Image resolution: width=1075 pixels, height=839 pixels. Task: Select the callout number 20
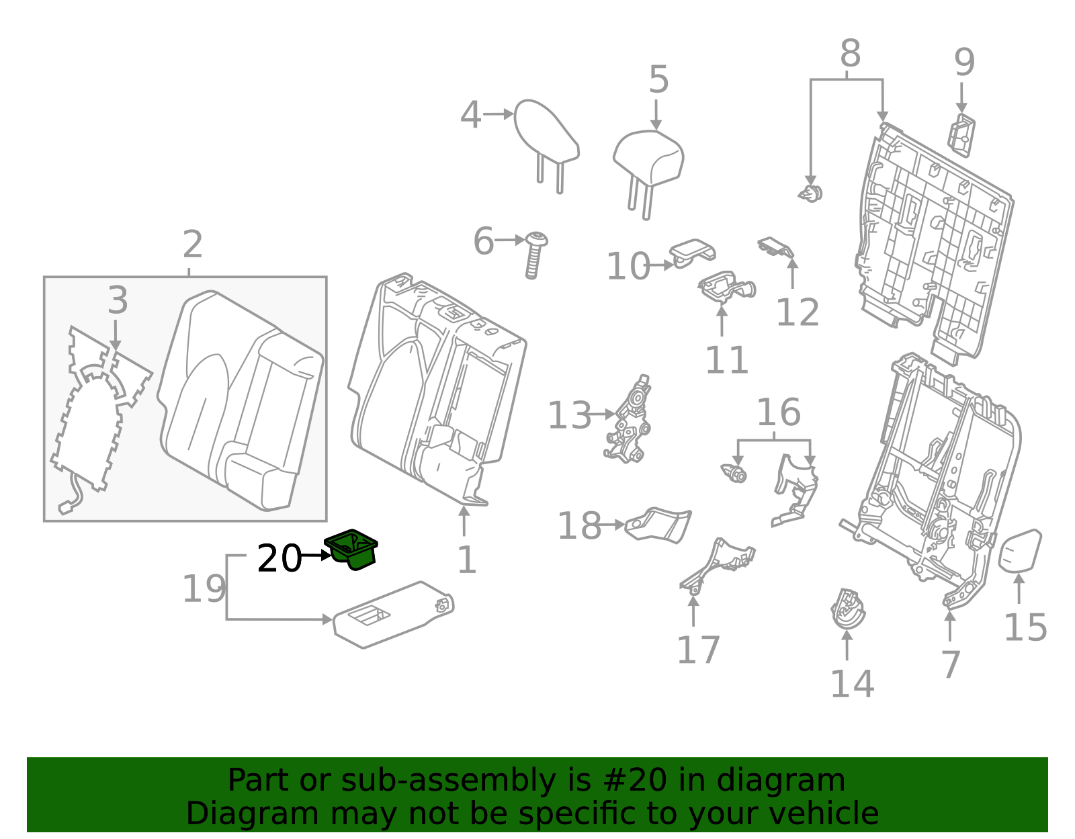click(279, 558)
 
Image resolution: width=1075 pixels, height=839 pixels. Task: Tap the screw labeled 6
click(535, 255)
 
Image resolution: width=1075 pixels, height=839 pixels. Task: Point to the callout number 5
click(658, 80)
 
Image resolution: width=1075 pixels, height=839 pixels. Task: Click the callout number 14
click(852, 684)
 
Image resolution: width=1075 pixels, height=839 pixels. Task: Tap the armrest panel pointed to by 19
click(393, 615)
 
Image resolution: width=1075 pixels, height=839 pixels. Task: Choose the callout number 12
click(798, 312)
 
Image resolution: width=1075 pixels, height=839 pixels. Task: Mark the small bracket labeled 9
click(962, 134)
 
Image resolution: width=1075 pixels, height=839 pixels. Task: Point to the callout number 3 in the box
click(118, 300)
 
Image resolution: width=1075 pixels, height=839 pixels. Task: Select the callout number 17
click(698, 650)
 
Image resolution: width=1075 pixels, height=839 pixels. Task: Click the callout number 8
click(850, 53)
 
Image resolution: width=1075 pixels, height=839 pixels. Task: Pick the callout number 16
click(778, 412)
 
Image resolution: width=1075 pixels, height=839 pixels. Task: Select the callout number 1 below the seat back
click(466, 559)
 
